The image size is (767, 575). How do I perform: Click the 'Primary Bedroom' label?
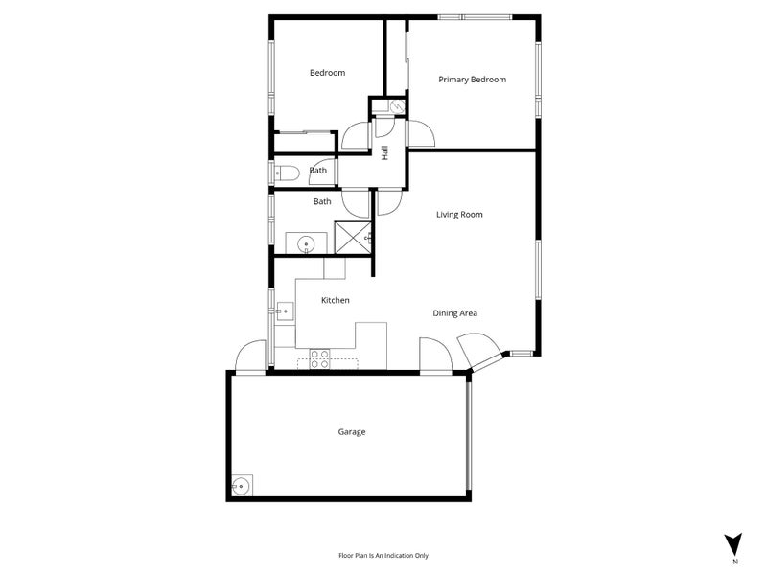coord(472,80)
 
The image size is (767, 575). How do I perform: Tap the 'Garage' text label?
coord(351,432)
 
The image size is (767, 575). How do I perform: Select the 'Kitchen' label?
coord(335,301)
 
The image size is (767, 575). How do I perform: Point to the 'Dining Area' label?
coord(454,313)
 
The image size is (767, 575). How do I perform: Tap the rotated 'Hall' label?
coord(384,152)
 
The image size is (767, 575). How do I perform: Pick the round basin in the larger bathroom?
coord(306,243)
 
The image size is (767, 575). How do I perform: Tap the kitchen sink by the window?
coord(284,310)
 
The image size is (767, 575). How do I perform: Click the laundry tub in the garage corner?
coord(241,487)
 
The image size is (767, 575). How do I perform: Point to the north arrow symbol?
coord(733,542)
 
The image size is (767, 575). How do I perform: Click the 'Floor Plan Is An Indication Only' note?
coord(383,555)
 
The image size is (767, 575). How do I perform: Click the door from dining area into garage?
coord(434,355)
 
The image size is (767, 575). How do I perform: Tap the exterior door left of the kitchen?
coord(252,356)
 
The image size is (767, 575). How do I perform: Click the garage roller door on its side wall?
coord(469,433)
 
